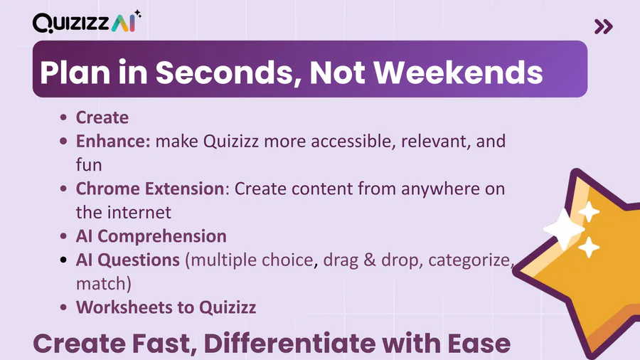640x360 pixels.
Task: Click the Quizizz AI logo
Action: click(87, 22)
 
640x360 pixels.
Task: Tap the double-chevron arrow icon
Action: click(604, 26)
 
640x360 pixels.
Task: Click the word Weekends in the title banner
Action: click(458, 73)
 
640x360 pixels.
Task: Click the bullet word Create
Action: click(102, 117)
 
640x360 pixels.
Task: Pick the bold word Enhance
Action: click(113, 141)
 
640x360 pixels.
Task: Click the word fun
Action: click(89, 165)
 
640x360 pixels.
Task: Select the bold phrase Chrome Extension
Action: click(150, 189)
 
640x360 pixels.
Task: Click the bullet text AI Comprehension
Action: click(151, 236)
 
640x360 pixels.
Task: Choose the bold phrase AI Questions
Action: click(128, 260)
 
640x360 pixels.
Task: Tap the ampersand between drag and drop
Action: click(370, 260)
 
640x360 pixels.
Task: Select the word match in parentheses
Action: click(101, 284)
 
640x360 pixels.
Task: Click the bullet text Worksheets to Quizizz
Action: click(166, 307)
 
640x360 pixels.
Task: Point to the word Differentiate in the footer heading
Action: click(289, 343)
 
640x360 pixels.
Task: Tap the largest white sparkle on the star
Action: click(564, 229)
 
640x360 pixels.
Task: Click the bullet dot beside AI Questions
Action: click(63, 260)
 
